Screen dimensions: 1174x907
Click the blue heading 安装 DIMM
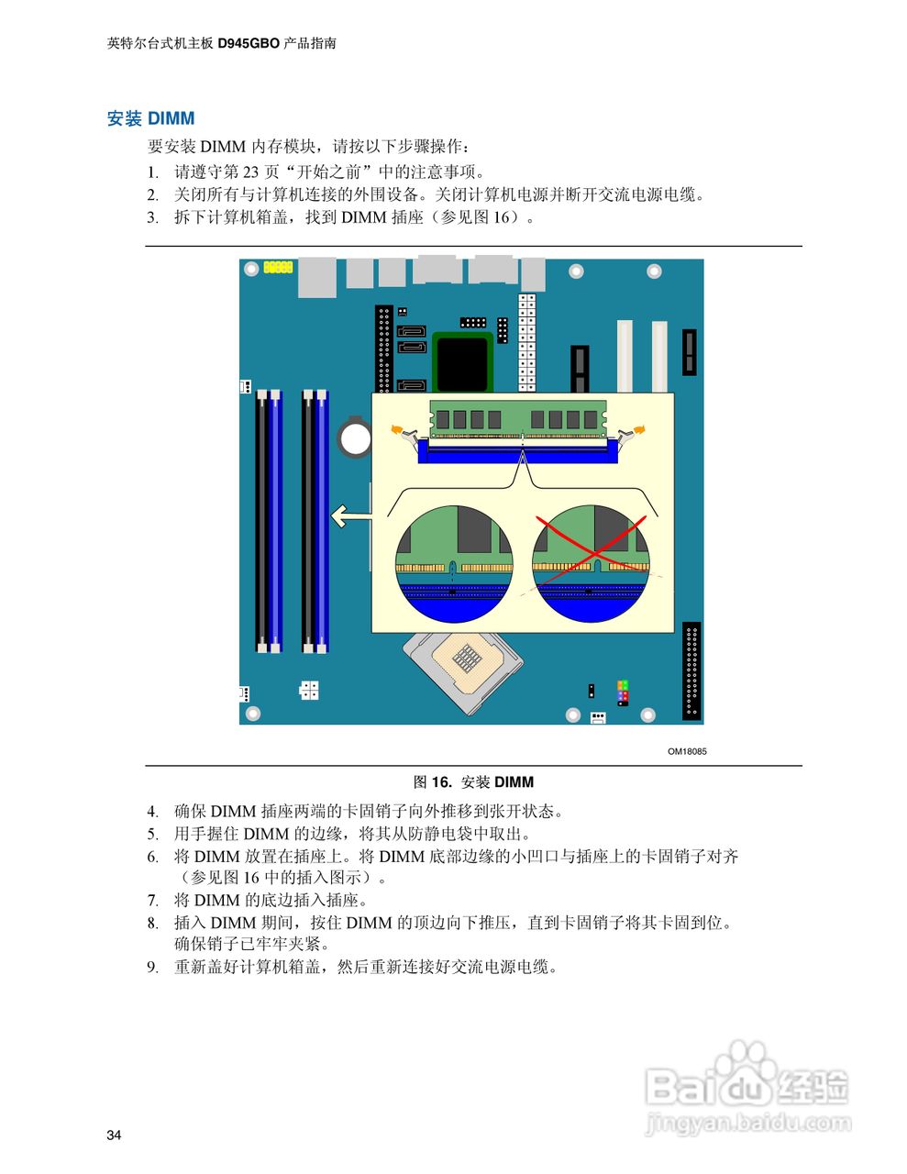(150, 118)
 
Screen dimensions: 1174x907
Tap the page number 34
(114, 1135)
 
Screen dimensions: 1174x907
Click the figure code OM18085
(686, 752)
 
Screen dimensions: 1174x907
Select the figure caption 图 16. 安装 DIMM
(473, 782)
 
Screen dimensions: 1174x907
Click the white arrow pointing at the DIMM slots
(349, 516)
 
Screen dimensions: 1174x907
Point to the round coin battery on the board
(354, 437)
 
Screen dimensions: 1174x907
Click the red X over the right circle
(591, 547)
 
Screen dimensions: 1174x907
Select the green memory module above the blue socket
(518, 418)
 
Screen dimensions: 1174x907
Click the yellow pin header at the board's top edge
(277, 267)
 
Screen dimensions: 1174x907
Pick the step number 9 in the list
(152, 967)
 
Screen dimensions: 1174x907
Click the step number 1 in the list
(152, 172)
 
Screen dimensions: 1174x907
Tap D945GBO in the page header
(248, 43)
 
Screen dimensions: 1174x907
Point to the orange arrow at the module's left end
(397, 428)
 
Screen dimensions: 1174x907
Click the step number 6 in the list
(152, 857)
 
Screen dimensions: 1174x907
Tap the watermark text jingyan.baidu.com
(748, 1124)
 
